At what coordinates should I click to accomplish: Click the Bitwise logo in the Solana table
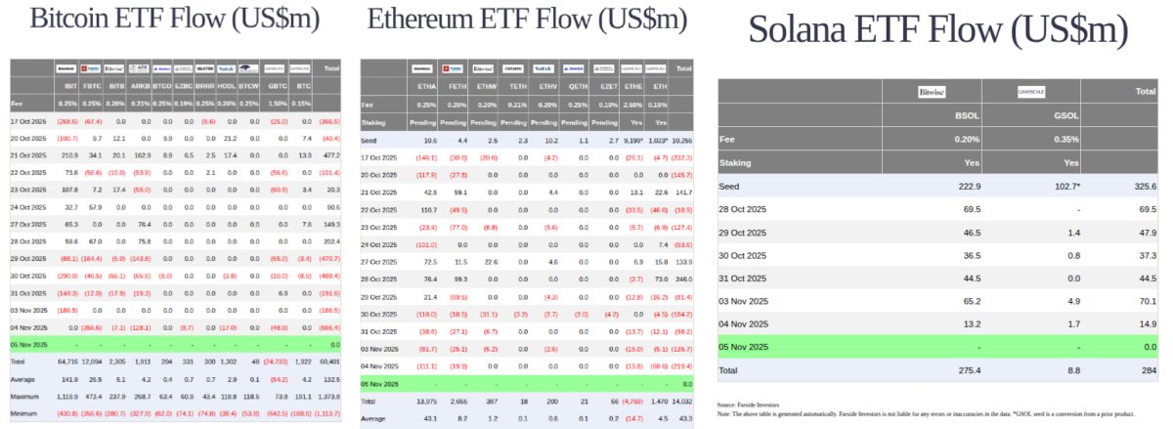pyautogui.click(x=932, y=93)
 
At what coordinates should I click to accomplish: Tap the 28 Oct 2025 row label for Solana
pyautogui.click(x=745, y=209)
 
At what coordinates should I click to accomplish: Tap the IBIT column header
pyautogui.click(x=68, y=87)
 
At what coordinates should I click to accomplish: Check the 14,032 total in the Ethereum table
pyautogui.click(x=680, y=402)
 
